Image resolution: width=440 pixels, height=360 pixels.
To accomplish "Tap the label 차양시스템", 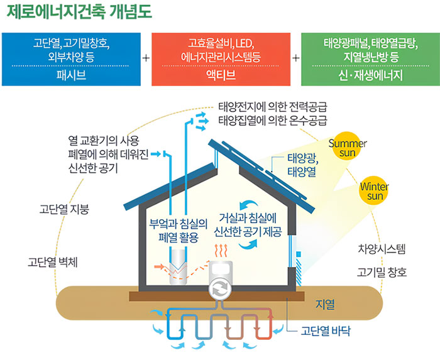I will (x=382, y=249).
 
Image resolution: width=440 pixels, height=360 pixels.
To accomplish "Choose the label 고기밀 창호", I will (x=382, y=273).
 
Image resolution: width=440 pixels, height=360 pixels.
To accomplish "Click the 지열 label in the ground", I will (x=325, y=305).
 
